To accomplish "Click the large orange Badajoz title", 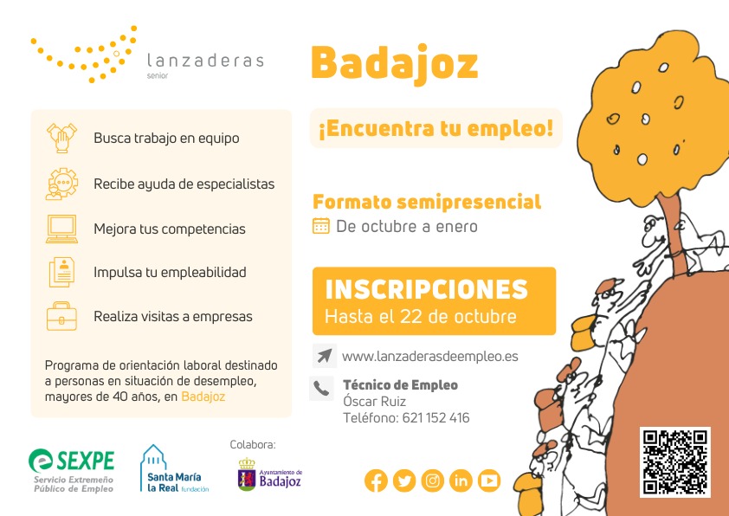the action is click(x=394, y=64).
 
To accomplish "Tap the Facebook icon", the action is click(x=376, y=481).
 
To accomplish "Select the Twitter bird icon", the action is click(x=404, y=481).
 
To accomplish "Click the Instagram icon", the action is click(x=432, y=481).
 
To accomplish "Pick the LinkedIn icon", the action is click(x=461, y=481).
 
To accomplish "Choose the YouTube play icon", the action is click(x=489, y=481).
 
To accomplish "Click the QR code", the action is click(x=675, y=462).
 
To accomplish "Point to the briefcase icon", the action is click(x=61, y=316).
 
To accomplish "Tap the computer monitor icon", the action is click(x=61, y=229).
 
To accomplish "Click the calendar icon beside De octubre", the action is click(x=321, y=226).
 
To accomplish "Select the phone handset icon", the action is click(x=321, y=388).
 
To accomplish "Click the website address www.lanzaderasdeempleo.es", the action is click(x=430, y=357).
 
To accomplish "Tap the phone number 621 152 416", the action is click(x=435, y=418).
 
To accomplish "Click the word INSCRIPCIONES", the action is click(x=426, y=290).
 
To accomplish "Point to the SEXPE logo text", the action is click(x=86, y=461).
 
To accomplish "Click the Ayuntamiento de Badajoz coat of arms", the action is click(x=247, y=474).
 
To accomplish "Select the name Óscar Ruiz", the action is click(x=374, y=401).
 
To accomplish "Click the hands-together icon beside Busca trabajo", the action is click(x=61, y=138).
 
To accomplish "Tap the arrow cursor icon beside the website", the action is click(x=324, y=356).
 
